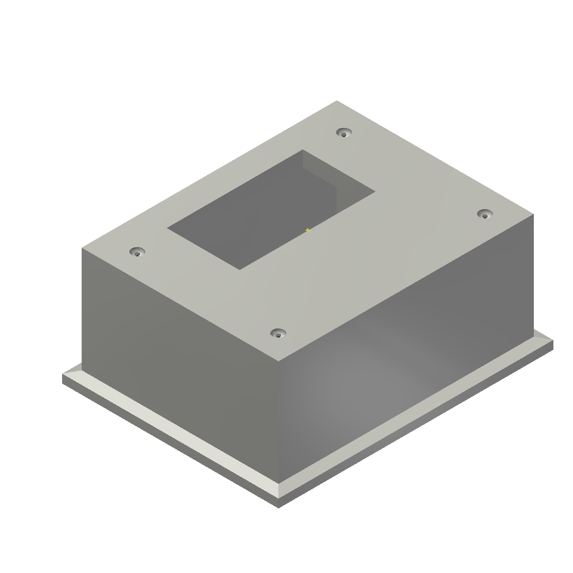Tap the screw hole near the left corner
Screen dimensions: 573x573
(138, 252)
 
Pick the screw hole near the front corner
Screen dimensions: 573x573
(278, 333)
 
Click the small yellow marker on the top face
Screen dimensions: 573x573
(308, 230)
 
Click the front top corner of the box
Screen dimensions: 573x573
(278, 359)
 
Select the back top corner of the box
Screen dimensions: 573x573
(337, 101)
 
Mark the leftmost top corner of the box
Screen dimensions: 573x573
(82, 248)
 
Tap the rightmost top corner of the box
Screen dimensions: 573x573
(533, 215)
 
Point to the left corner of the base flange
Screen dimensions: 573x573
(63, 375)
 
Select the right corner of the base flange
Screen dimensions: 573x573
(552, 340)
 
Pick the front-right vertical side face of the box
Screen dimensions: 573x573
(406, 358)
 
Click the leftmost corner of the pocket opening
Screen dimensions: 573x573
(168, 228)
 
